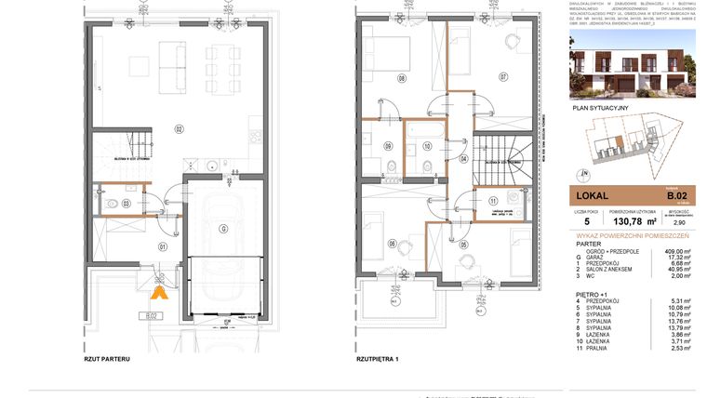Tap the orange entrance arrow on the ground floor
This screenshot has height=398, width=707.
(x=159, y=293)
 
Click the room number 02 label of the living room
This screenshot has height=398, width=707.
(x=180, y=127)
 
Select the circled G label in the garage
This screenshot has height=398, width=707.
(x=222, y=228)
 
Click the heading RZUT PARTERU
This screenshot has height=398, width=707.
(x=106, y=359)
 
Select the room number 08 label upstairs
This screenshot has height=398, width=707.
(x=402, y=78)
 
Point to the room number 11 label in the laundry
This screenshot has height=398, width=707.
(x=492, y=201)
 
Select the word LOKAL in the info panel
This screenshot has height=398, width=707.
(x=592, y=196)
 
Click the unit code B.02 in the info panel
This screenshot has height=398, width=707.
(x=675, y=195)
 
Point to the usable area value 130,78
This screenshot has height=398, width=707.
(x=625, y=222)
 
